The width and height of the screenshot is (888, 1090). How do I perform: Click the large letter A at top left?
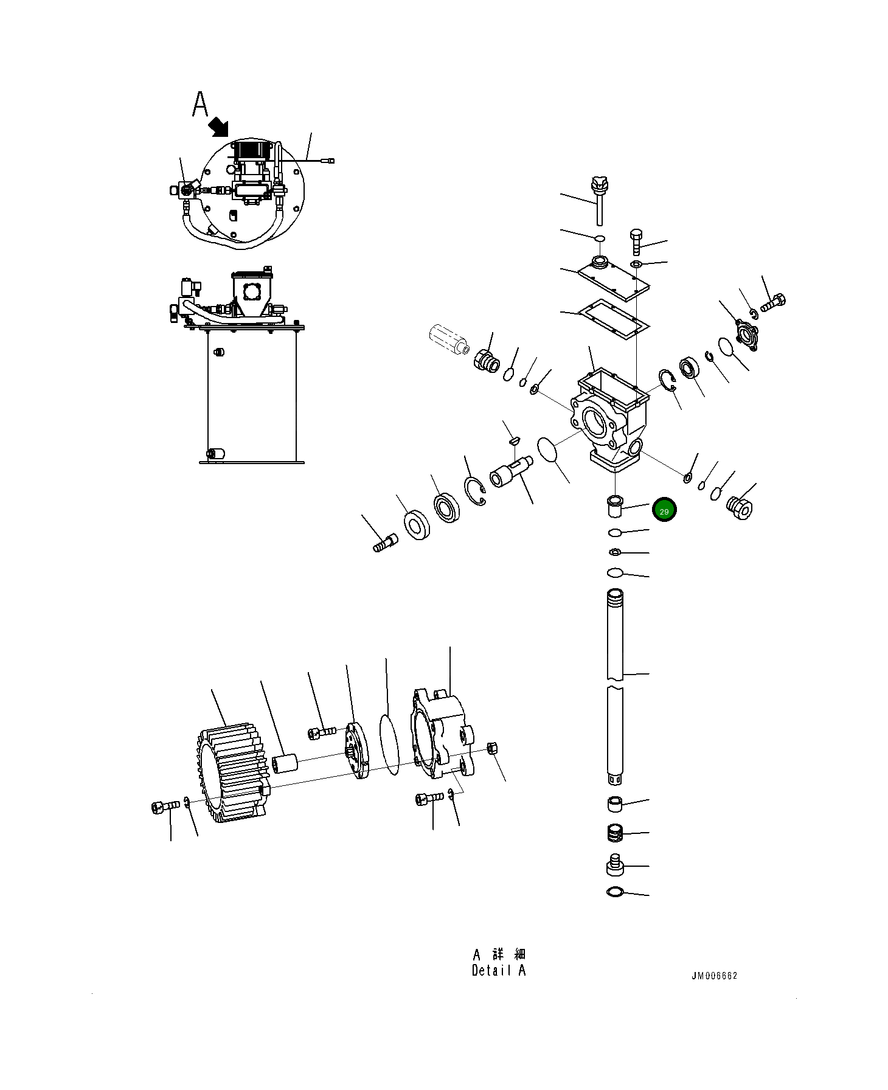point(200,104)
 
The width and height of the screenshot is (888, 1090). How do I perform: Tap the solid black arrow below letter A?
point(218,128)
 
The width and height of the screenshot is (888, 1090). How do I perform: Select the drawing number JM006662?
point(714,976)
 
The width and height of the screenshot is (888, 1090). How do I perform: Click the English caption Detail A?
point(498,971)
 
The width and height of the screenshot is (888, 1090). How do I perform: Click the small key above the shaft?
point(513,439)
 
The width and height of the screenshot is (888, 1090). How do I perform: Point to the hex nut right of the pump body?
point(493,749)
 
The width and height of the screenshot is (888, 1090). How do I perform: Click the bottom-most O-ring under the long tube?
point(615,892)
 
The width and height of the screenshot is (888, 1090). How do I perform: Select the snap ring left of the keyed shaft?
point(475,490)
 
